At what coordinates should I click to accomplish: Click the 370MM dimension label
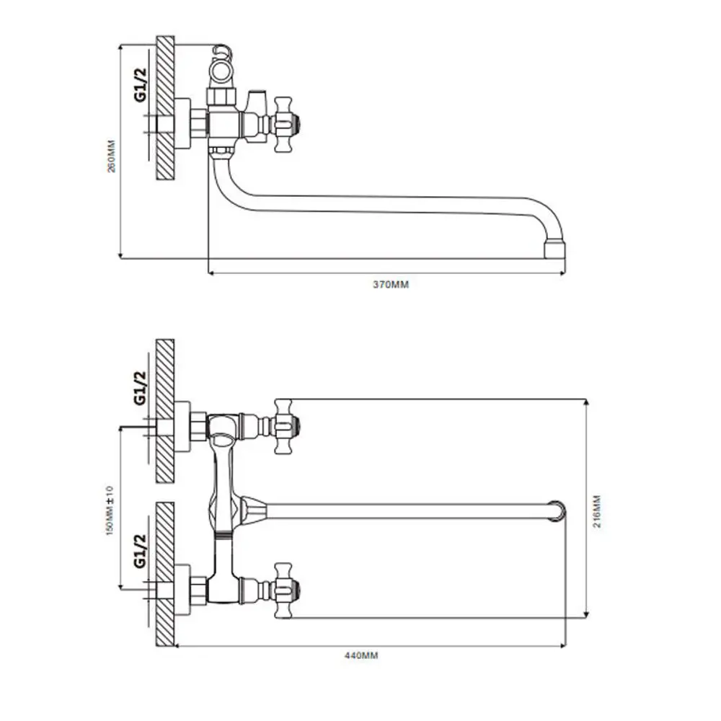click(x=390, y=285)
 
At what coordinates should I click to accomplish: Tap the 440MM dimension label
click(x=361, y=655)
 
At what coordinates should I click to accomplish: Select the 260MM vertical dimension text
click(x=112, y=156)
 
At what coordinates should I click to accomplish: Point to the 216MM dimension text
click(x=596, y=511)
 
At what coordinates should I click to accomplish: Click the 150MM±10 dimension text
click(x=110, y=510)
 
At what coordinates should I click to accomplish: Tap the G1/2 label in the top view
click(x=141, y=84)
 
